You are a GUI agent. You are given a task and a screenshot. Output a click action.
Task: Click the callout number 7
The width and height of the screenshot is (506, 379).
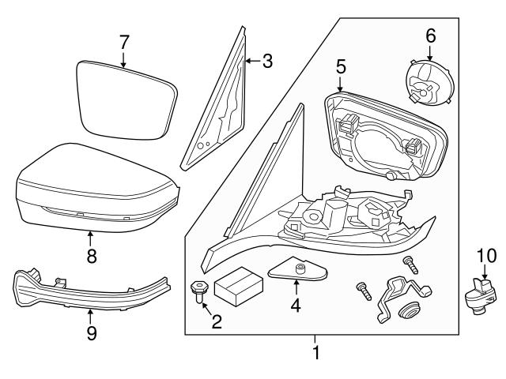pos(123,42)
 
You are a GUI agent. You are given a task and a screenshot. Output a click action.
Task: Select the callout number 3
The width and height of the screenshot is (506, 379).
pos(267,61)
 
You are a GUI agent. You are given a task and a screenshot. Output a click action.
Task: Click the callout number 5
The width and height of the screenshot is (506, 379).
pos(341,66)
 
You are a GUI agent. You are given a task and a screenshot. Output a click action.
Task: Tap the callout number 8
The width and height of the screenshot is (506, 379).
pos(91,256)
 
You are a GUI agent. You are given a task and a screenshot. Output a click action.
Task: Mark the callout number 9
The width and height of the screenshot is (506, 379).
pos(91,334)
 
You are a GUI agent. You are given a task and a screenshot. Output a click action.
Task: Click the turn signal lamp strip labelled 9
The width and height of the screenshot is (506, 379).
pos(87,292)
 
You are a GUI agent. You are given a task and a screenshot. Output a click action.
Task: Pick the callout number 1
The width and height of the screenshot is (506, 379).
pos(316,353)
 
